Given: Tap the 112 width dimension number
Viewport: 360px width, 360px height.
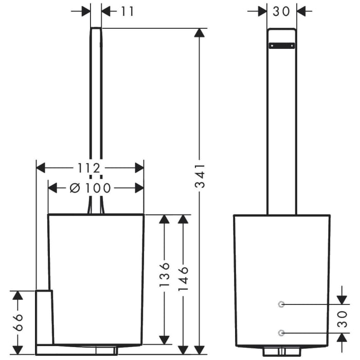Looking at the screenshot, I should point(89,168).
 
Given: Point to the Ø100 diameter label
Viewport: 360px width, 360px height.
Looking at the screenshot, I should point(91,188).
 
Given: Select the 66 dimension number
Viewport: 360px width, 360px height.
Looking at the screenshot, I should point(17,322).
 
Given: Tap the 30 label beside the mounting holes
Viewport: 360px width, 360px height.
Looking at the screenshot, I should point(341,318).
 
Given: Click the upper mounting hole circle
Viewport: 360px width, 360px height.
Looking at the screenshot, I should point(281,304).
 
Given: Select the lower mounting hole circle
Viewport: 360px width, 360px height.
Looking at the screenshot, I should point(281,333).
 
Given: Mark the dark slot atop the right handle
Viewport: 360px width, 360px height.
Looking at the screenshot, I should point(282,45).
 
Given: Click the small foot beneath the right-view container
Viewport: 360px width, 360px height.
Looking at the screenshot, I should point(281,351).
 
